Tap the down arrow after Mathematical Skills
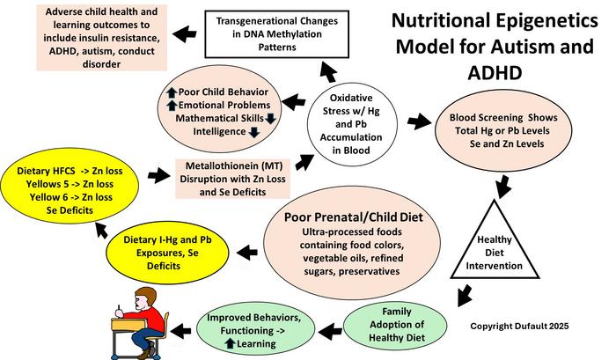point(271,116)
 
